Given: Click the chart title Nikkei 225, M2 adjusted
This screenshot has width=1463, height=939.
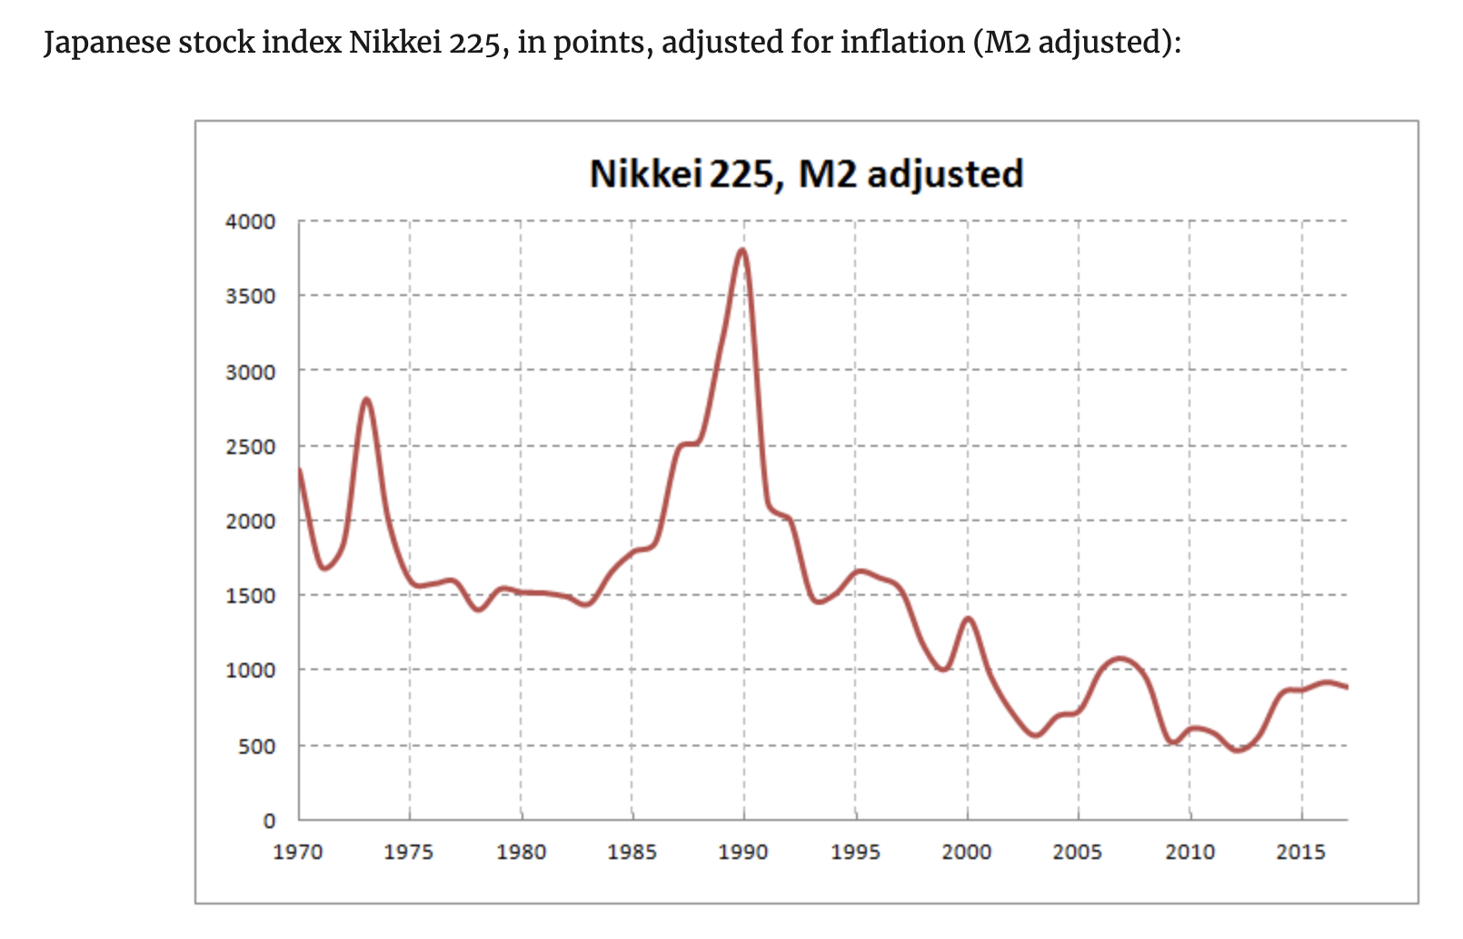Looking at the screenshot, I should (806, 173).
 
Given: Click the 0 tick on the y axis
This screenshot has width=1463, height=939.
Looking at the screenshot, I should (269, 821).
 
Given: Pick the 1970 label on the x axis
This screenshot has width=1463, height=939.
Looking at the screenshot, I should (298, 853).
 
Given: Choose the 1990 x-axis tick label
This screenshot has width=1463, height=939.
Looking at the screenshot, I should (743, 853).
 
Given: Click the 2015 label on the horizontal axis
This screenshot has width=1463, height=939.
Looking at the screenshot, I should (1300, 853).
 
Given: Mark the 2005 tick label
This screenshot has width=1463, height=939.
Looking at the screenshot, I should (1078, 853).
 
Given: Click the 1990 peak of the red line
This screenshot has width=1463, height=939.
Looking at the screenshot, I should (743, 250).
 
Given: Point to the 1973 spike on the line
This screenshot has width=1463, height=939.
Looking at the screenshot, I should (366, 399).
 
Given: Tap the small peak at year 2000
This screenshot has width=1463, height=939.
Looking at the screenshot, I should (968, 618).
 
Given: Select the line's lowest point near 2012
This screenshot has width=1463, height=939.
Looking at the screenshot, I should (1237, 750).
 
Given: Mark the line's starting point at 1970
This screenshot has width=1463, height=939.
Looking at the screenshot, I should (300, 469).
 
